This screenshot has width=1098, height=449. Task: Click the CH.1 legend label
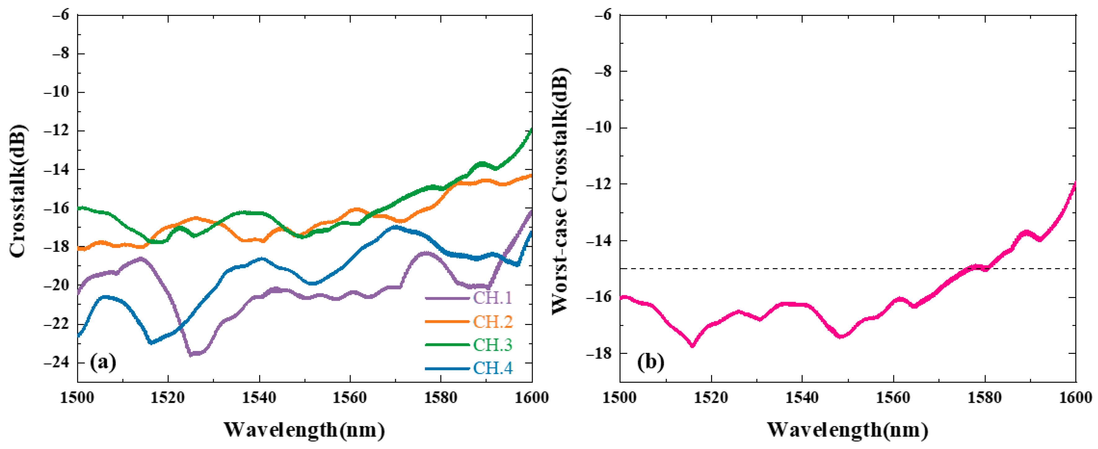pos(493,298)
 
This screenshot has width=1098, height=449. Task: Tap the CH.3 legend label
pos(493,345)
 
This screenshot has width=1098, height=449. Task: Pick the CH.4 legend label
pos(493,368)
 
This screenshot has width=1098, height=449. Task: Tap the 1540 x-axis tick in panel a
pos(259,398)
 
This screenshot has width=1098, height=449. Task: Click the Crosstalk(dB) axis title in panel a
pos(18,191)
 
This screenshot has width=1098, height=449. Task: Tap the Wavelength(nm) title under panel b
pos(848,430)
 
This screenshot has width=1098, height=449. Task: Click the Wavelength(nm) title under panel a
pos(304,430)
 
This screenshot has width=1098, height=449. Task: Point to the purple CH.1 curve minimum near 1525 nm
pos(191,354)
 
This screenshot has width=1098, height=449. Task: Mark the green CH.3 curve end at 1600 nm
pos(531,129)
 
